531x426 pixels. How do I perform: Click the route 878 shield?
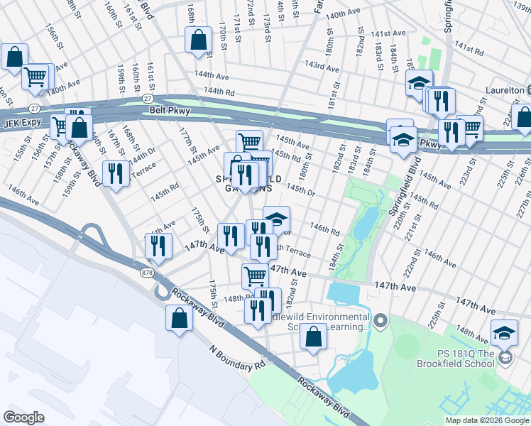point(147,273)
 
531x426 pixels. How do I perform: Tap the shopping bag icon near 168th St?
point(199,40)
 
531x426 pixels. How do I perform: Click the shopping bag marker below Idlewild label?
point(313,337)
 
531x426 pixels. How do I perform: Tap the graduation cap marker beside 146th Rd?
point(277,219)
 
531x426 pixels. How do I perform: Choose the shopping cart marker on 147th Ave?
point(255,276)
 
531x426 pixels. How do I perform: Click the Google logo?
point(23,417)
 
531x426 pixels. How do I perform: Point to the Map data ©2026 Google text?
point(487,420)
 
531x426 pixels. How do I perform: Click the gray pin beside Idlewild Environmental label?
point(381,322)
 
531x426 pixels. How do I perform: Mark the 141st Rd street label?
point(469,48)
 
